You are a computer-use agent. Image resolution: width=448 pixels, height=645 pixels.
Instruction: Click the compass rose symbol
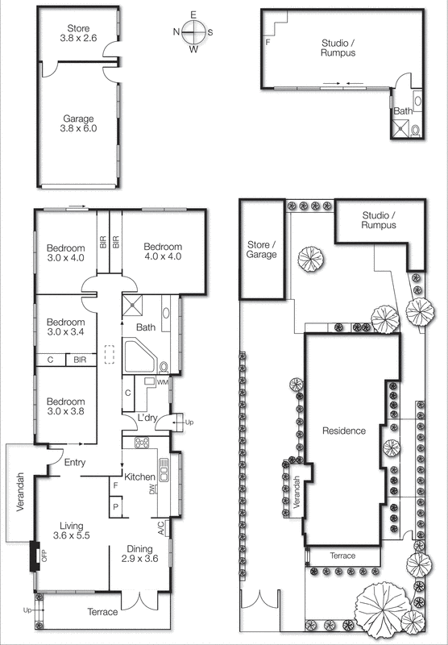[193, 32]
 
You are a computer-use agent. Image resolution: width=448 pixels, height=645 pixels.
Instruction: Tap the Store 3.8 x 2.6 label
[77, 31]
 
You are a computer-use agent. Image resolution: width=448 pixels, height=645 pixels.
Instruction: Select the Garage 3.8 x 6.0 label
[77, 123]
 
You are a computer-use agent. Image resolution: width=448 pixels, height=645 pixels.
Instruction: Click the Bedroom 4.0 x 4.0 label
[163, 252]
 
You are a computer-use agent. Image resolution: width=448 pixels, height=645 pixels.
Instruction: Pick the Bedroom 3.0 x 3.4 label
[65, 327]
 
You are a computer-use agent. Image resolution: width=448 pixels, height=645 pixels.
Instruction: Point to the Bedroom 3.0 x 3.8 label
[65, 406]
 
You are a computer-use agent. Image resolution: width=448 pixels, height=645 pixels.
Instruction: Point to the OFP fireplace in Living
[35, 555]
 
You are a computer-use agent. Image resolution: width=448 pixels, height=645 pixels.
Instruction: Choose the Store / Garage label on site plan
[262, 249]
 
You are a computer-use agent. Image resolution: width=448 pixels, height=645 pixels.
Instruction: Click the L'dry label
[147, 418]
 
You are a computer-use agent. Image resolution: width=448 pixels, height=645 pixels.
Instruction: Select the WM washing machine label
[162, 381]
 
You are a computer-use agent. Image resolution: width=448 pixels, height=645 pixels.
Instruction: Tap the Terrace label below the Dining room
[102, 612]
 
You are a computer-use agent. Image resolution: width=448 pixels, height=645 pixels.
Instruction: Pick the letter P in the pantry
[117, 506]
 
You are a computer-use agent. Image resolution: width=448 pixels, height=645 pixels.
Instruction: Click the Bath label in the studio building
[401, 110]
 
